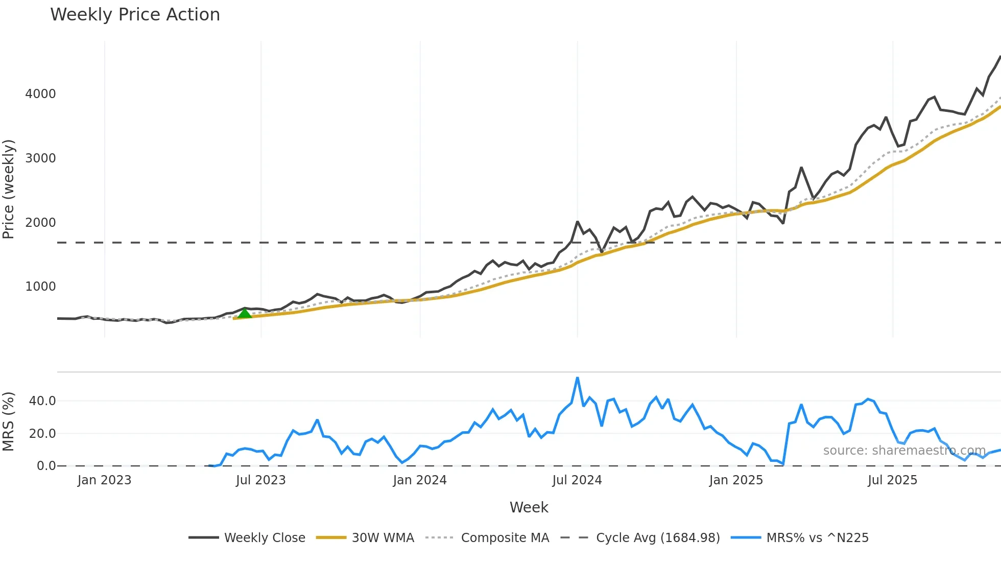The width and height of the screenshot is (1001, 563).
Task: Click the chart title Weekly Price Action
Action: coord(135,15)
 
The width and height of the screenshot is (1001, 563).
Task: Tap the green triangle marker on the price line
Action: coord(245,313)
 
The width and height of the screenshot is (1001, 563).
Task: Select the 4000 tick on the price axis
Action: coord(40,94)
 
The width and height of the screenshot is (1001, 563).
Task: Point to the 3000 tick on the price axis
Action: coord(40,158)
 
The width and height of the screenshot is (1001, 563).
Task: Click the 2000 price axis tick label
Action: coord(40,223)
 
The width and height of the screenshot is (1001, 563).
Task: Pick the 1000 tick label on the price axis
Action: coord(40,287)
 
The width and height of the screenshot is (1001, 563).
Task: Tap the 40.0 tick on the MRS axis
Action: coord(42,401)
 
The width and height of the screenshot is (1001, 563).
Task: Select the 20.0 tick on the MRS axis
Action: coord(42,434)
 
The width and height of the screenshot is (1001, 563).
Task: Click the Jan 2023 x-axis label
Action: coord(104,480)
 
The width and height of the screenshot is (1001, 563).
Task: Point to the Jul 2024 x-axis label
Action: coord(577,480)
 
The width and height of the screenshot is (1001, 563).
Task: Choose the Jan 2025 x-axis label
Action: coord(736,480)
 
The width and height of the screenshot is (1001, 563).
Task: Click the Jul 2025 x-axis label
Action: coord(892,480)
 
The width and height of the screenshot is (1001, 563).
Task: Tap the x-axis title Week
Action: coord(529,507)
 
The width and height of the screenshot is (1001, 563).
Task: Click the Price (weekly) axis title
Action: coord(9,189)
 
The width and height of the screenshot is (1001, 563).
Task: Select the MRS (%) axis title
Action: coord(9,421)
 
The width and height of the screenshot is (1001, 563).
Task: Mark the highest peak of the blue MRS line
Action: coord(578,378)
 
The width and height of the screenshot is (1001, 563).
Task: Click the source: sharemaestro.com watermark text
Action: coord(904,451)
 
